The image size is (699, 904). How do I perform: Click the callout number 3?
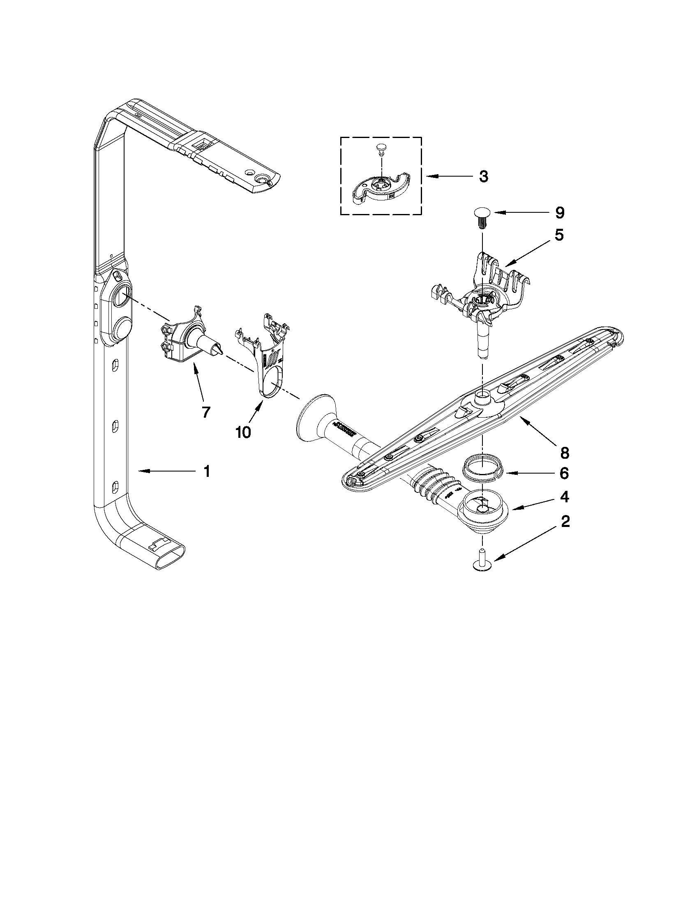(483, 177)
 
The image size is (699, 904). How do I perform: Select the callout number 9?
(559, 213)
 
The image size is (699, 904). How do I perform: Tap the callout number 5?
(558, 235)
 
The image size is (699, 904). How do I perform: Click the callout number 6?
(564, 474)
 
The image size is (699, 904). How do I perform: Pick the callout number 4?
(564, 497)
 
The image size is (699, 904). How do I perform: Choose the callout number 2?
(565, 522)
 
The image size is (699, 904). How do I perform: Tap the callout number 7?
(206, 412)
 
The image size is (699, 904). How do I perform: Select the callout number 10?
(243, 432)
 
